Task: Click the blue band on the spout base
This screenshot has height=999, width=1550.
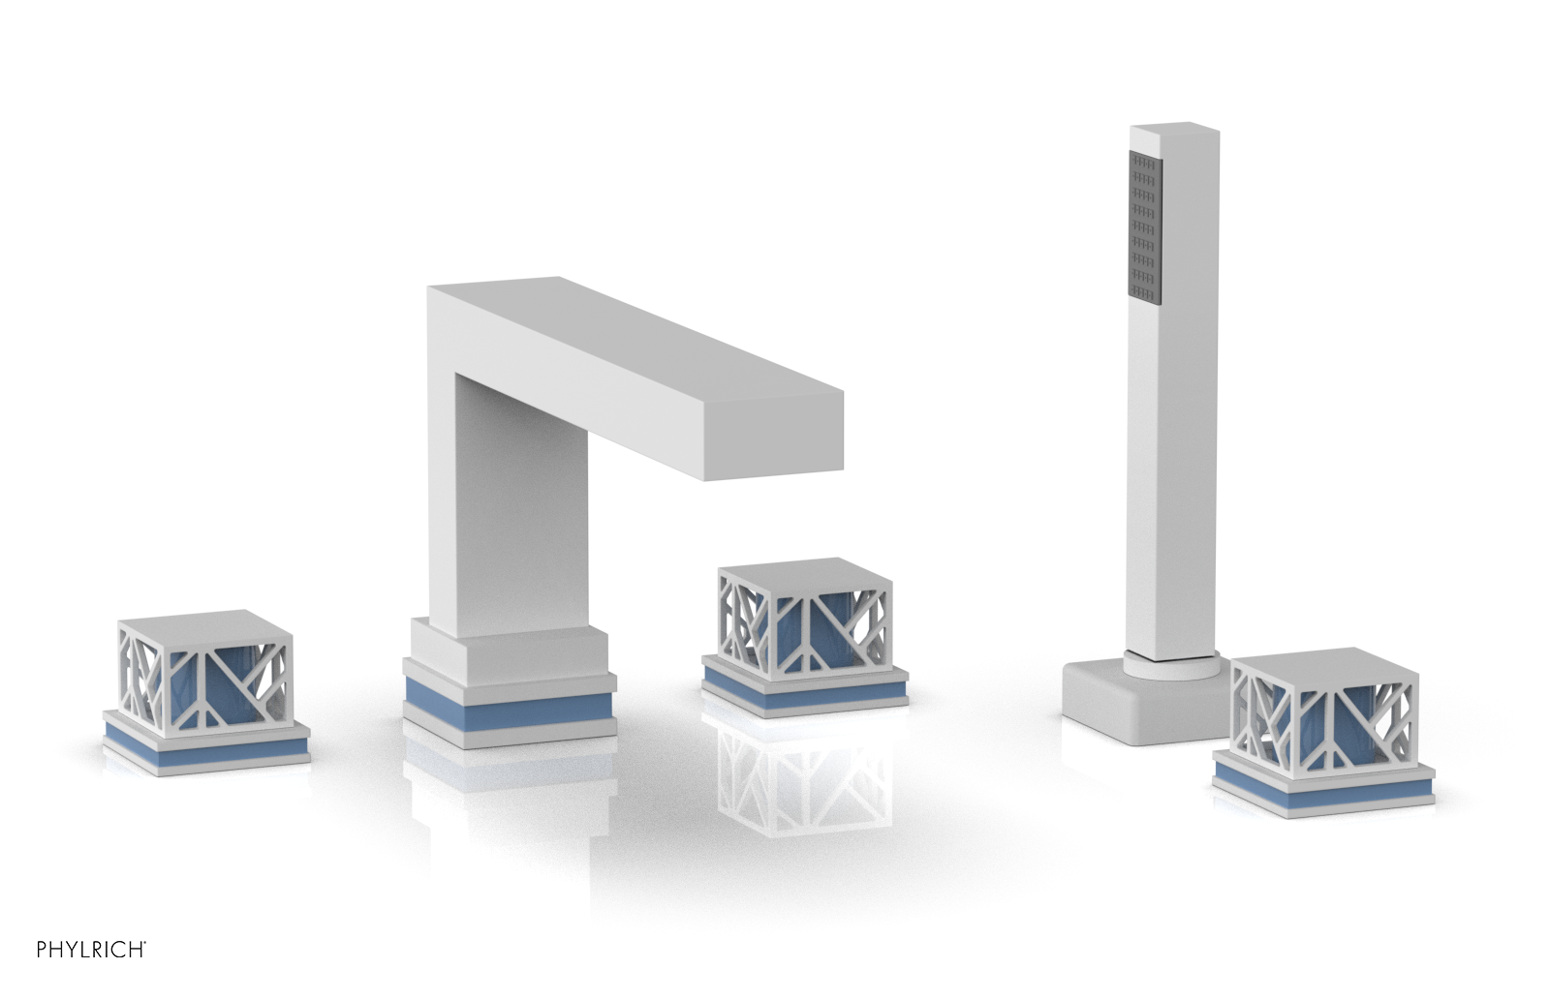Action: pyautogui.click(x=509, y=693)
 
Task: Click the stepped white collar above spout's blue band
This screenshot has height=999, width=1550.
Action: pyautogui.click(x=509, y=647)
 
